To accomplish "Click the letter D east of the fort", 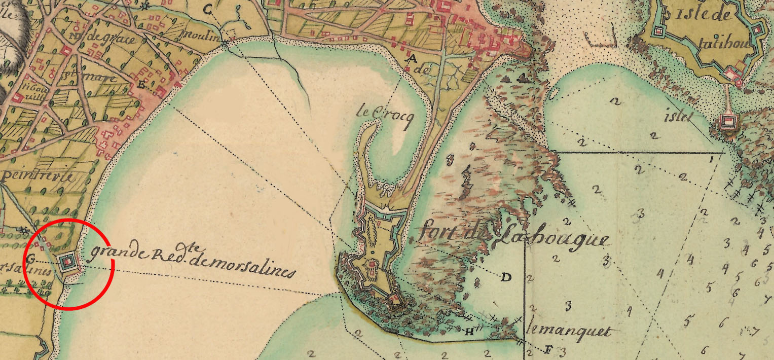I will point(505,277).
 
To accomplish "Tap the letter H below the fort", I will point(469,332).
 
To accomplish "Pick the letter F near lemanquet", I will point(547,349).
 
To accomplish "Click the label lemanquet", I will point(568,332).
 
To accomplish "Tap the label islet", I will point(679,118).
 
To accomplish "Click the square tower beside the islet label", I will point(728,122).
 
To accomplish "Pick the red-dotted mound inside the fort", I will point(372,263).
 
